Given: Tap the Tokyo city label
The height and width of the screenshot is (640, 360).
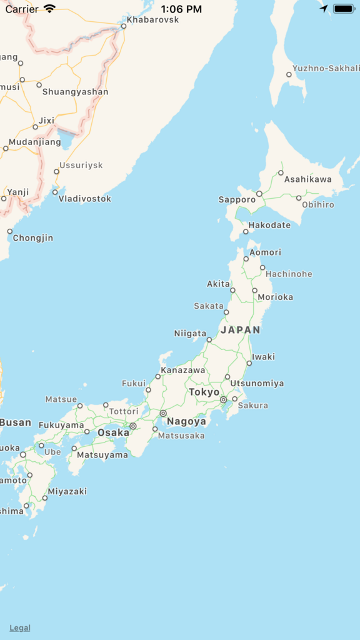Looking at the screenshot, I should point(204,392).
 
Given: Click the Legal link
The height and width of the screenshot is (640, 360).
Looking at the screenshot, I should point(20,628).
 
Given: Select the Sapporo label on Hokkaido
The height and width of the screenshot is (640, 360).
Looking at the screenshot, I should point(237,199).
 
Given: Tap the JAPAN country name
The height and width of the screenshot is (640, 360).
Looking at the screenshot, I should point(241,329).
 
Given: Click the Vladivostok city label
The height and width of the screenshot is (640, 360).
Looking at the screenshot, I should point(85,199).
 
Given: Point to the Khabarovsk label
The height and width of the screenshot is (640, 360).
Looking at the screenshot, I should point(152,20).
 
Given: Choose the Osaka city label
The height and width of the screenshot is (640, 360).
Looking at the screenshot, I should point(113,432).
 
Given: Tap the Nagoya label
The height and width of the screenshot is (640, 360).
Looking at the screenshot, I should point(186,421).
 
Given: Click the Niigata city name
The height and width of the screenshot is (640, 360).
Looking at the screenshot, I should point(190,333).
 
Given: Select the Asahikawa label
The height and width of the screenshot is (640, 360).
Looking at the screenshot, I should point(308,179).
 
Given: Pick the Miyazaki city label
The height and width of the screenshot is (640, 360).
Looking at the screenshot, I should point(67,491).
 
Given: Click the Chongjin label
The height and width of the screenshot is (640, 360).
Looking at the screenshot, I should point(33,238).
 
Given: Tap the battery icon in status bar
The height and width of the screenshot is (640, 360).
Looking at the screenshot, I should point(344,9).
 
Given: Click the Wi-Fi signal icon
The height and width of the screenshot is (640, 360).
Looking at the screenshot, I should point(49,9).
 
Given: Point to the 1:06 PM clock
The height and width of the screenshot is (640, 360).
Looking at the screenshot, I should point(181,9).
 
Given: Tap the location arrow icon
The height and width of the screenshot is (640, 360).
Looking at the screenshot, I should point(323,9).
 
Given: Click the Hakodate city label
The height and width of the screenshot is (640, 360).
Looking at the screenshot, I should point(269,225).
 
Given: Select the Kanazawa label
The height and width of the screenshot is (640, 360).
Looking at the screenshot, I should point(183,370).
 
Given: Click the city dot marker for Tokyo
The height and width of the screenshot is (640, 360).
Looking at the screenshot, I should point(223,399).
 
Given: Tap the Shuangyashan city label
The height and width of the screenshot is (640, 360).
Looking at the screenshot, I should point(75,92).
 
